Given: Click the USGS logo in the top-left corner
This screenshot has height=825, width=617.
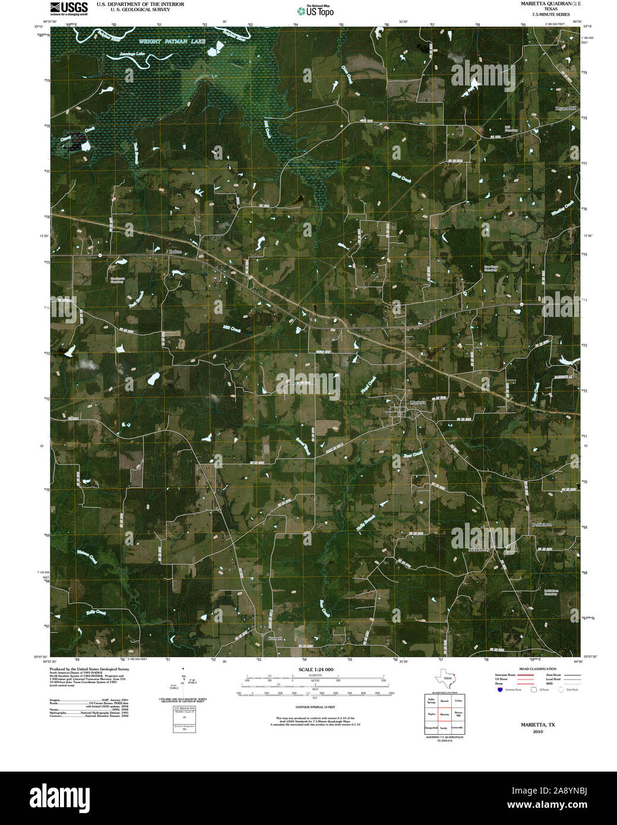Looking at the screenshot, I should pos(68,8).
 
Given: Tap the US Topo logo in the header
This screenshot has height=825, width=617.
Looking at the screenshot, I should pos(315,11).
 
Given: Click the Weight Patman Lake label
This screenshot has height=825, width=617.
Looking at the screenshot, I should pos(172,42).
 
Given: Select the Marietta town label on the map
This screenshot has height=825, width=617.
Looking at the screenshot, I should pos(417,402).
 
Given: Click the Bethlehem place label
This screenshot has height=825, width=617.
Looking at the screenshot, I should pos(542,525).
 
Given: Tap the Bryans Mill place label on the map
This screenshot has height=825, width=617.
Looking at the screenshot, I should pos(566,109).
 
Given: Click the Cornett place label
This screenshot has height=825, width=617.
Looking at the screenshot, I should pos(274,639).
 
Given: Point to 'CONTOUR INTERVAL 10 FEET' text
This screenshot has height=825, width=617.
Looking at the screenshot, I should pos(315,707).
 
